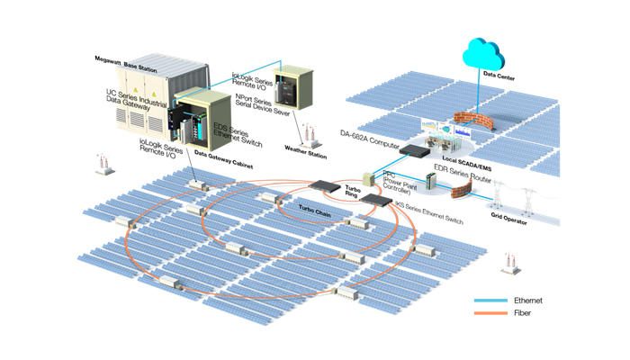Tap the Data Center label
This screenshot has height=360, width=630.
tap(500, 76)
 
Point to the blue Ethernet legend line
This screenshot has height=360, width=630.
tap(490, 301)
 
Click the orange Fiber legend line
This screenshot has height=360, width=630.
tap(490, 314)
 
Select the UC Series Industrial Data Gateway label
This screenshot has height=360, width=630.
tap(134, 98)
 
